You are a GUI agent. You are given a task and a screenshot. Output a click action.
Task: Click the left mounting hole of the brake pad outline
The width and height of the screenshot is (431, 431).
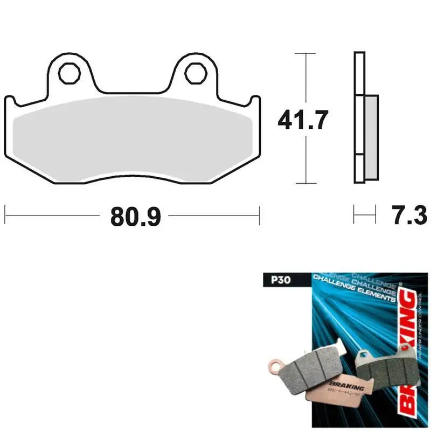pos(68,73)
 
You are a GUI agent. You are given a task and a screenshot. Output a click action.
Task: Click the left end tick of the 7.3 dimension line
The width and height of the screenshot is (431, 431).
pos(354,214)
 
